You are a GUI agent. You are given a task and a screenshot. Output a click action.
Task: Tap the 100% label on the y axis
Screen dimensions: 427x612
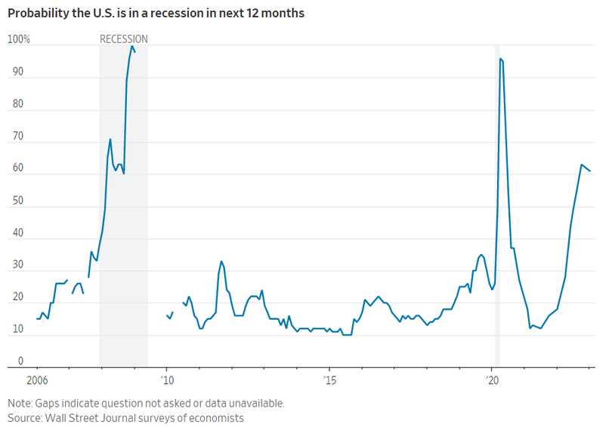point(18,39)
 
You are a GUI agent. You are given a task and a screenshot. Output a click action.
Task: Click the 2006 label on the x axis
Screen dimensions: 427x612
point(37,379)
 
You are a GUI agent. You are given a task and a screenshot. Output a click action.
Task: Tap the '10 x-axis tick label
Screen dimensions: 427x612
point(167,379)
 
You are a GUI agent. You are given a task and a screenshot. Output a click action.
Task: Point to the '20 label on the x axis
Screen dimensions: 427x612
point(492,379)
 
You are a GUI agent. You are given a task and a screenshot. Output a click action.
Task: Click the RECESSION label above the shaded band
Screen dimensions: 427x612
point(124,39)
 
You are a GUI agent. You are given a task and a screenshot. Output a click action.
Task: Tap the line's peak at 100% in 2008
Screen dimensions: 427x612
point(132,46)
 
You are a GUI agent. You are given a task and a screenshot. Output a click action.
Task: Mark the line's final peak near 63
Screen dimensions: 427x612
point(581,165)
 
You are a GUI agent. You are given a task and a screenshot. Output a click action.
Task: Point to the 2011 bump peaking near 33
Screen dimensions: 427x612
point(221,261)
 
